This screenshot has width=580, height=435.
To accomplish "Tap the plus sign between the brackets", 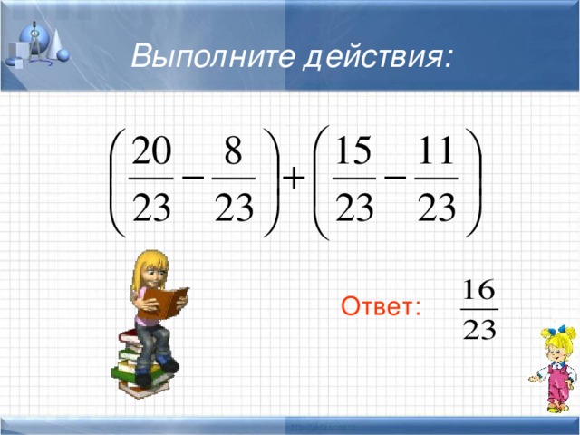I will coord(293,180).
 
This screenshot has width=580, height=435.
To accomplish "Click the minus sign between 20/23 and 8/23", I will coord(193,179).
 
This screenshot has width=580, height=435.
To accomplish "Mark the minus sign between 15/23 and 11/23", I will coord(395,179).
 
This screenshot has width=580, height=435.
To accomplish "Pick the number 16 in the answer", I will coord(478,291).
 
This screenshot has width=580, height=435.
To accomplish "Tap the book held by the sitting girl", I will coord(168,301).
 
